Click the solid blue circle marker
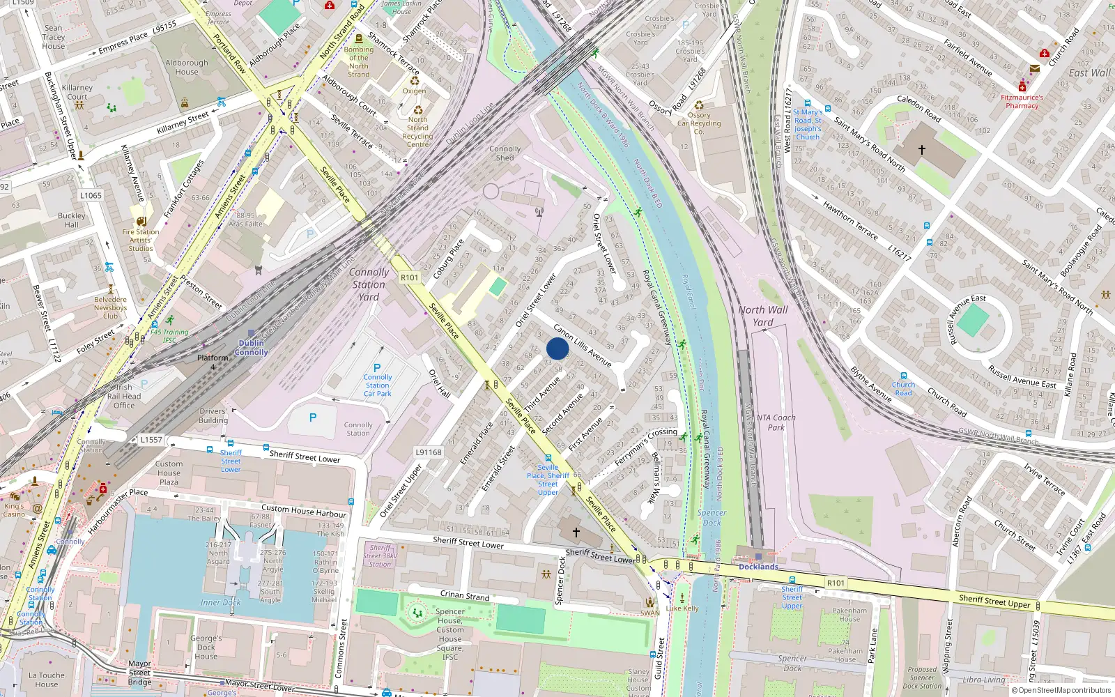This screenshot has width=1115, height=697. [557, 348]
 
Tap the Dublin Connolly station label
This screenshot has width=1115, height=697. [252, 347]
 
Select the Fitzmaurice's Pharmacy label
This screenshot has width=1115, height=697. [1022, 102]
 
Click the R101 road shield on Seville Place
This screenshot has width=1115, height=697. [410, 277]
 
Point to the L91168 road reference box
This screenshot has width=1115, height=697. [429, 452]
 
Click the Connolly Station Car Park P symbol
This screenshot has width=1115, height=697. [377, 368]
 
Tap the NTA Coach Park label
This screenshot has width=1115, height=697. [776, 422]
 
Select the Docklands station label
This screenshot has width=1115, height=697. [758, 567]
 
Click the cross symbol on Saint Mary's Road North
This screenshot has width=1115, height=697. [922, 150]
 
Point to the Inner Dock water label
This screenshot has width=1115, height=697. [220, 602]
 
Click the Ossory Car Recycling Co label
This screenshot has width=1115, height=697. [699, 123]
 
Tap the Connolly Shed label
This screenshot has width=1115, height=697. [505, 153]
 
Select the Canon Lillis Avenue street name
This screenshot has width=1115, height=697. [583, 346]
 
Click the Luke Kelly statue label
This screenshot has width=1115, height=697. [682, 608]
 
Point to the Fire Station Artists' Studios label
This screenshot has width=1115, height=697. [141, 240]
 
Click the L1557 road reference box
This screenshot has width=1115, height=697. [151, 440]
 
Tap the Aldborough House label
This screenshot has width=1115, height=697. [187, 67]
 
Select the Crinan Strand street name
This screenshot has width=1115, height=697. [465, 595]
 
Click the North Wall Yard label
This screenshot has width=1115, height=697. [763, 316]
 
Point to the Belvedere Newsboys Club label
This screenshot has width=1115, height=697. [110, 307]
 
